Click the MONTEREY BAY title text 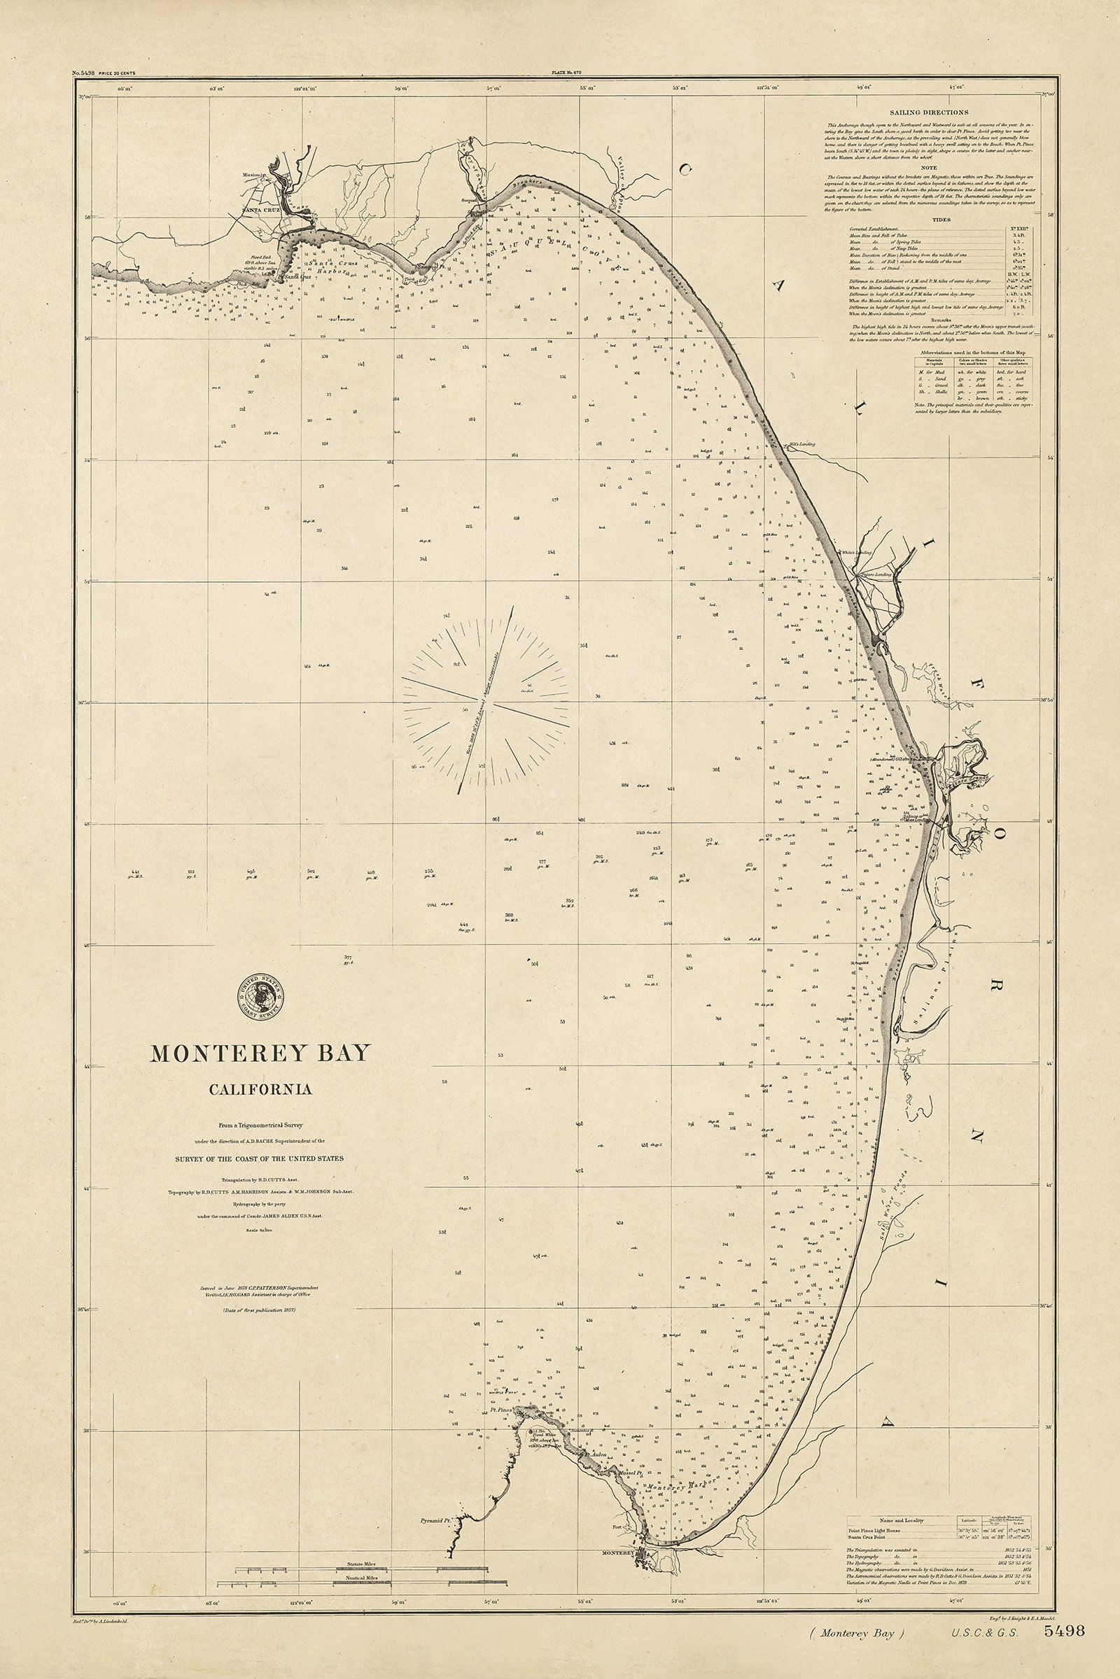point(260,1053)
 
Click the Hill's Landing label point(801,444)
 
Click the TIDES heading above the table point(941,220)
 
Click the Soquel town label point(468,201)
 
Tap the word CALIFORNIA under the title point(260,1089)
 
